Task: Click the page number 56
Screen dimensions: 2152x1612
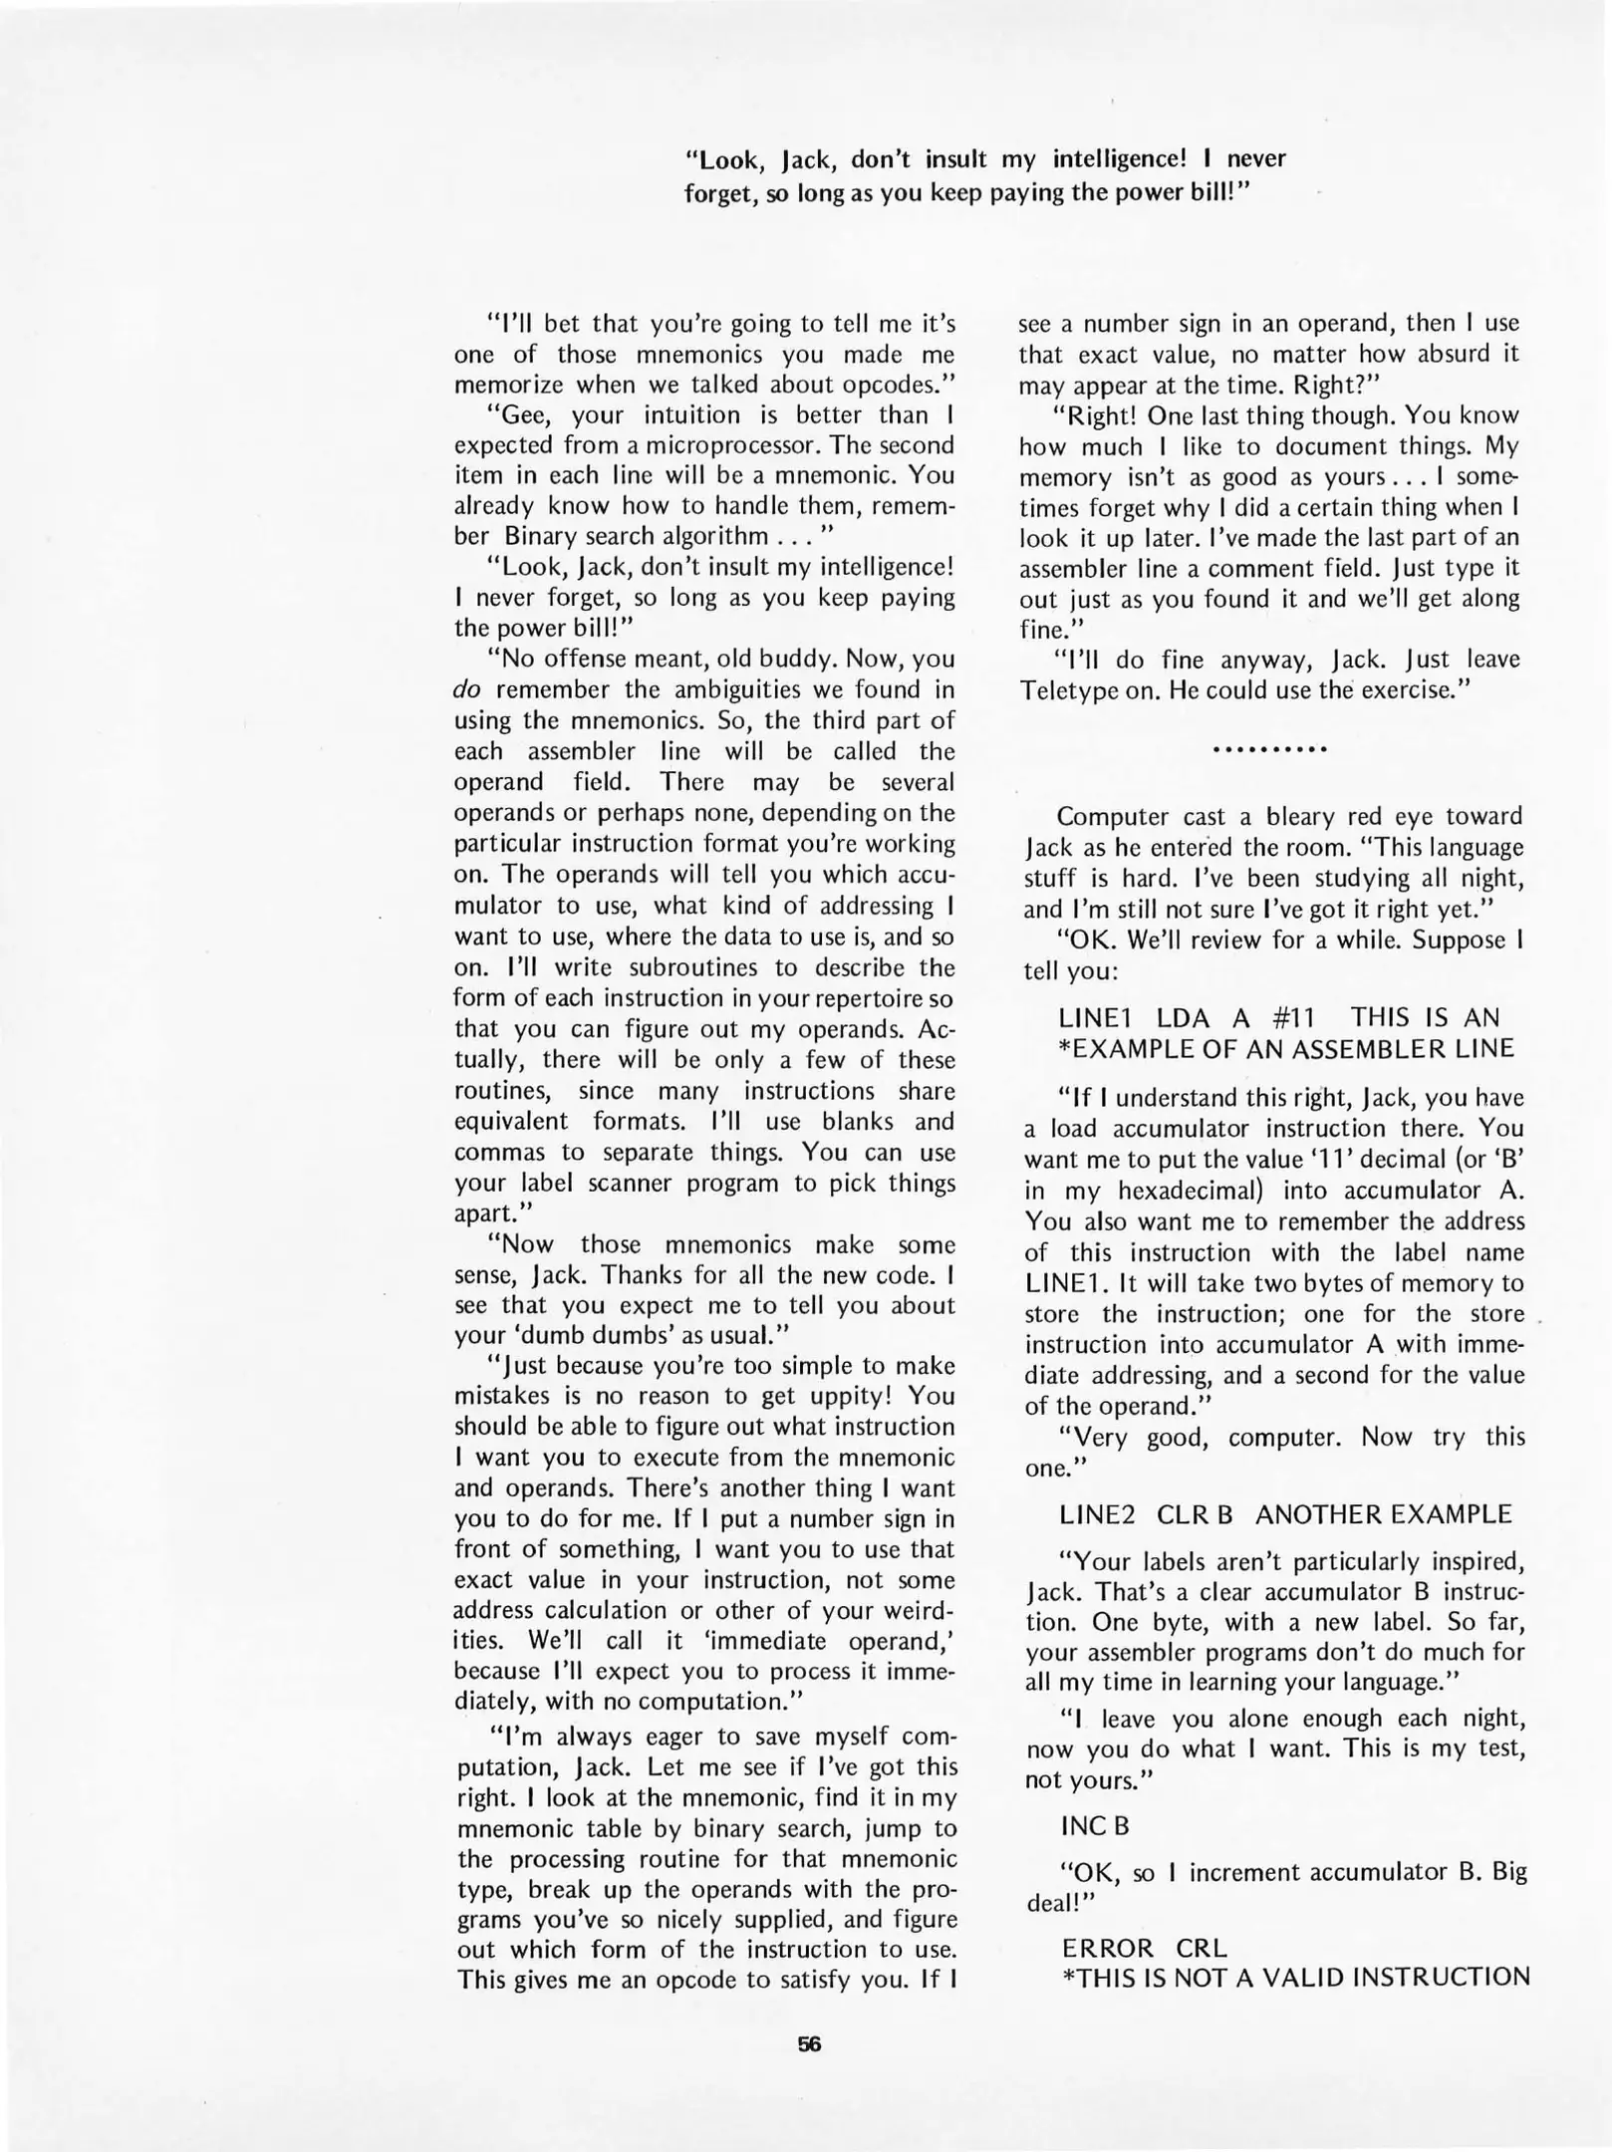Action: click(809, 2043)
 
